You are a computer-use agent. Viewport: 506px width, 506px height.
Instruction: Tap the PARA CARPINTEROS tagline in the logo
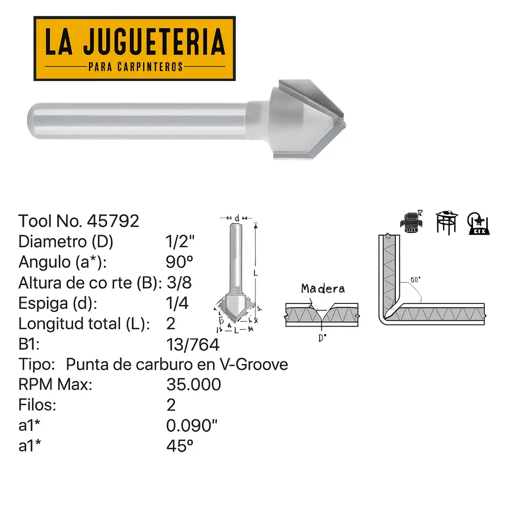[x=135, y=66]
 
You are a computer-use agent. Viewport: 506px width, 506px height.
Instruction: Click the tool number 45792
[x=113, y=221]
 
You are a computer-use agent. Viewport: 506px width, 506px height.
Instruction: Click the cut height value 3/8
[x=179, y=283]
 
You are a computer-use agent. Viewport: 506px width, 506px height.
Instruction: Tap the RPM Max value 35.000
[x=194, y=384]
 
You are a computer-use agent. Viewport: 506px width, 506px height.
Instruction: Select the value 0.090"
[x=192, y=425]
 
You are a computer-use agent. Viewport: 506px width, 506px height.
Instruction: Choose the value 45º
[x=180, y=446]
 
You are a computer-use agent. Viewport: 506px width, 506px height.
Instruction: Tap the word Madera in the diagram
[x=323, y=289]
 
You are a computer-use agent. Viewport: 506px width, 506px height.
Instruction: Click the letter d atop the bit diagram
[x=238, y=218]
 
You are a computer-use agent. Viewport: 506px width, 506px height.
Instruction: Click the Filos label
[x=37, y=405]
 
